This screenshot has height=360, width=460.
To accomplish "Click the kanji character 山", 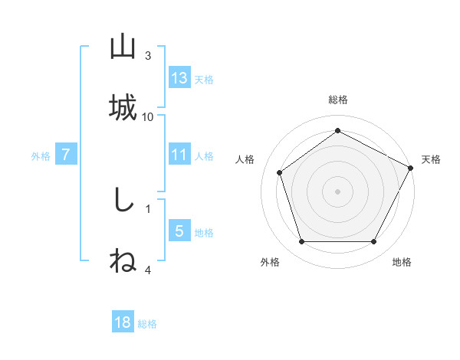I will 123,47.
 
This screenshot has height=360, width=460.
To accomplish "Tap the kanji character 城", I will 123,107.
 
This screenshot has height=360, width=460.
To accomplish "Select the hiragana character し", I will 123,201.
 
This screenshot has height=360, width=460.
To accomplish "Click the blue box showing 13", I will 179,78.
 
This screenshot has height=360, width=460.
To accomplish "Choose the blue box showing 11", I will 179,155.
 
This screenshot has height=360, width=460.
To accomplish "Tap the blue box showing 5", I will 179,231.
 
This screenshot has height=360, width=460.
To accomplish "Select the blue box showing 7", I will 66,155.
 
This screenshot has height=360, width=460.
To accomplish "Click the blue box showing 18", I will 123,322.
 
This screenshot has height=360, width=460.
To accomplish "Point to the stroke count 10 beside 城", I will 148,116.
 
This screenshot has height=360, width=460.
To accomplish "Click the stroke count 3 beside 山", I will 148,55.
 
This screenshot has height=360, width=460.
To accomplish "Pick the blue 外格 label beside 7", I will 41,156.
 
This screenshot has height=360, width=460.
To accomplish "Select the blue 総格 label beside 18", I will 147,324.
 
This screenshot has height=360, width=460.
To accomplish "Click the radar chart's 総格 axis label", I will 338,100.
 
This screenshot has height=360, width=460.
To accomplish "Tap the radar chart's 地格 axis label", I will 402,262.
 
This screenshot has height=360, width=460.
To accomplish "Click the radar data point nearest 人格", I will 280,172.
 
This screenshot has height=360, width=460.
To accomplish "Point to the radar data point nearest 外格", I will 301,242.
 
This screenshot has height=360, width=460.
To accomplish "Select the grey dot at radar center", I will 338,191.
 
